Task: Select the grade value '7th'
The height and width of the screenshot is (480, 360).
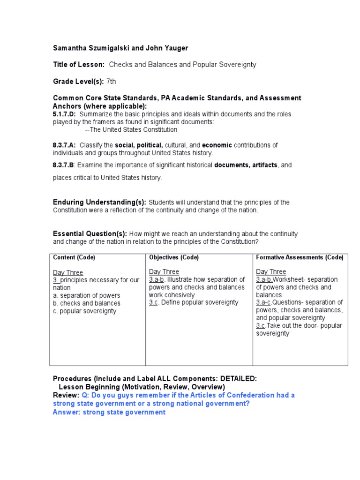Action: point(111,82)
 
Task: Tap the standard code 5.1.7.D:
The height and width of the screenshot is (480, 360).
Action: point(65,114)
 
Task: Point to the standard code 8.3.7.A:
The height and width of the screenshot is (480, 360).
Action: point(65,145)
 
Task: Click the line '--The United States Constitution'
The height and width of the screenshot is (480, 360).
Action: point(131,129)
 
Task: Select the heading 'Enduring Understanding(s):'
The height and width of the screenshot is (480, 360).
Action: point(99,202)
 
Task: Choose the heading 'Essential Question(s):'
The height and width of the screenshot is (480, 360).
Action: point(90,233)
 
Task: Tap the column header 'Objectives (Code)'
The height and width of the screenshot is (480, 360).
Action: point(174,257)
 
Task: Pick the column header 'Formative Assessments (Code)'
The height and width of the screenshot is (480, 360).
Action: point(300,257)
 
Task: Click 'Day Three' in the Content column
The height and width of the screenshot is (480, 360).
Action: point(68,272)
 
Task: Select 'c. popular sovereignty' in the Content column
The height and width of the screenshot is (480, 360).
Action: point(84,311)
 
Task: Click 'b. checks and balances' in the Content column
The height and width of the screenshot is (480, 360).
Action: point(86,303)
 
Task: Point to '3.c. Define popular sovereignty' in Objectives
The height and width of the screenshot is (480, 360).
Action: point(194,302)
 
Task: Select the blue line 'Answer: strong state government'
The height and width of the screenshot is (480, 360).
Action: point(109,412)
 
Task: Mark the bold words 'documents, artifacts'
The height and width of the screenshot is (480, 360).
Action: point(246,165)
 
